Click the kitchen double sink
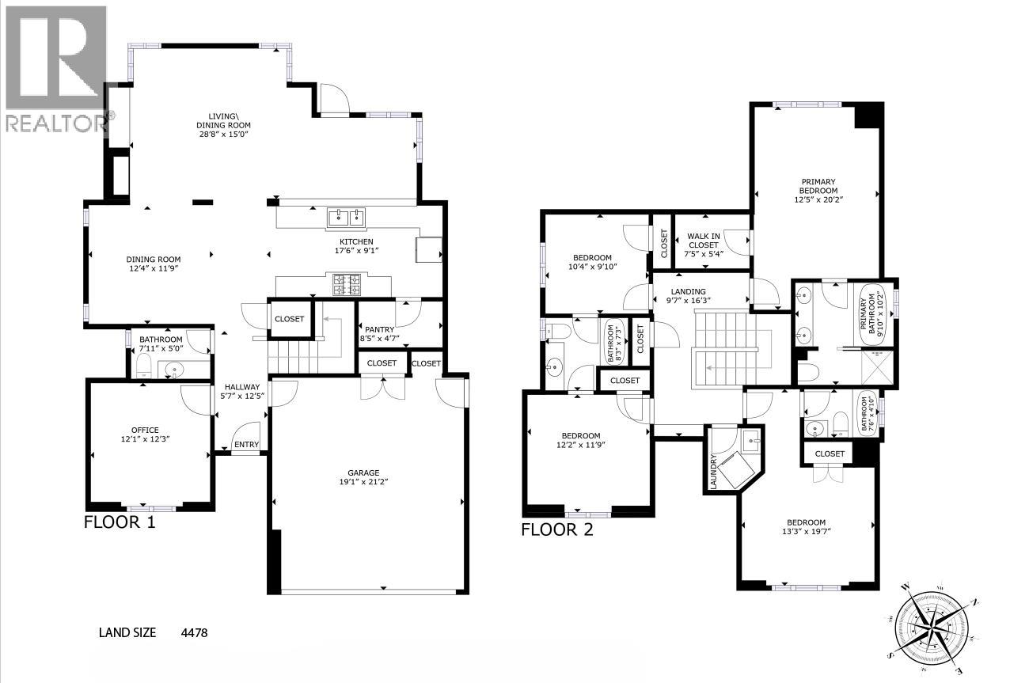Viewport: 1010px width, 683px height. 345,215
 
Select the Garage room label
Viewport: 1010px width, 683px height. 366,477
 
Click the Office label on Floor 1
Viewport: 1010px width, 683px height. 145,434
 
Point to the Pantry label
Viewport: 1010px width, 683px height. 380,334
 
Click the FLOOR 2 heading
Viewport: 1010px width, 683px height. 556,530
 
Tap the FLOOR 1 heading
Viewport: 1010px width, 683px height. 120,522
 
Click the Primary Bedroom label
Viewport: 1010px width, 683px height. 817,191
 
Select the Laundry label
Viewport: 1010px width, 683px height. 713,471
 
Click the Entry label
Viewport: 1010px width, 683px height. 246,446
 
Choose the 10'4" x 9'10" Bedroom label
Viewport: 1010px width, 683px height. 592,262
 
